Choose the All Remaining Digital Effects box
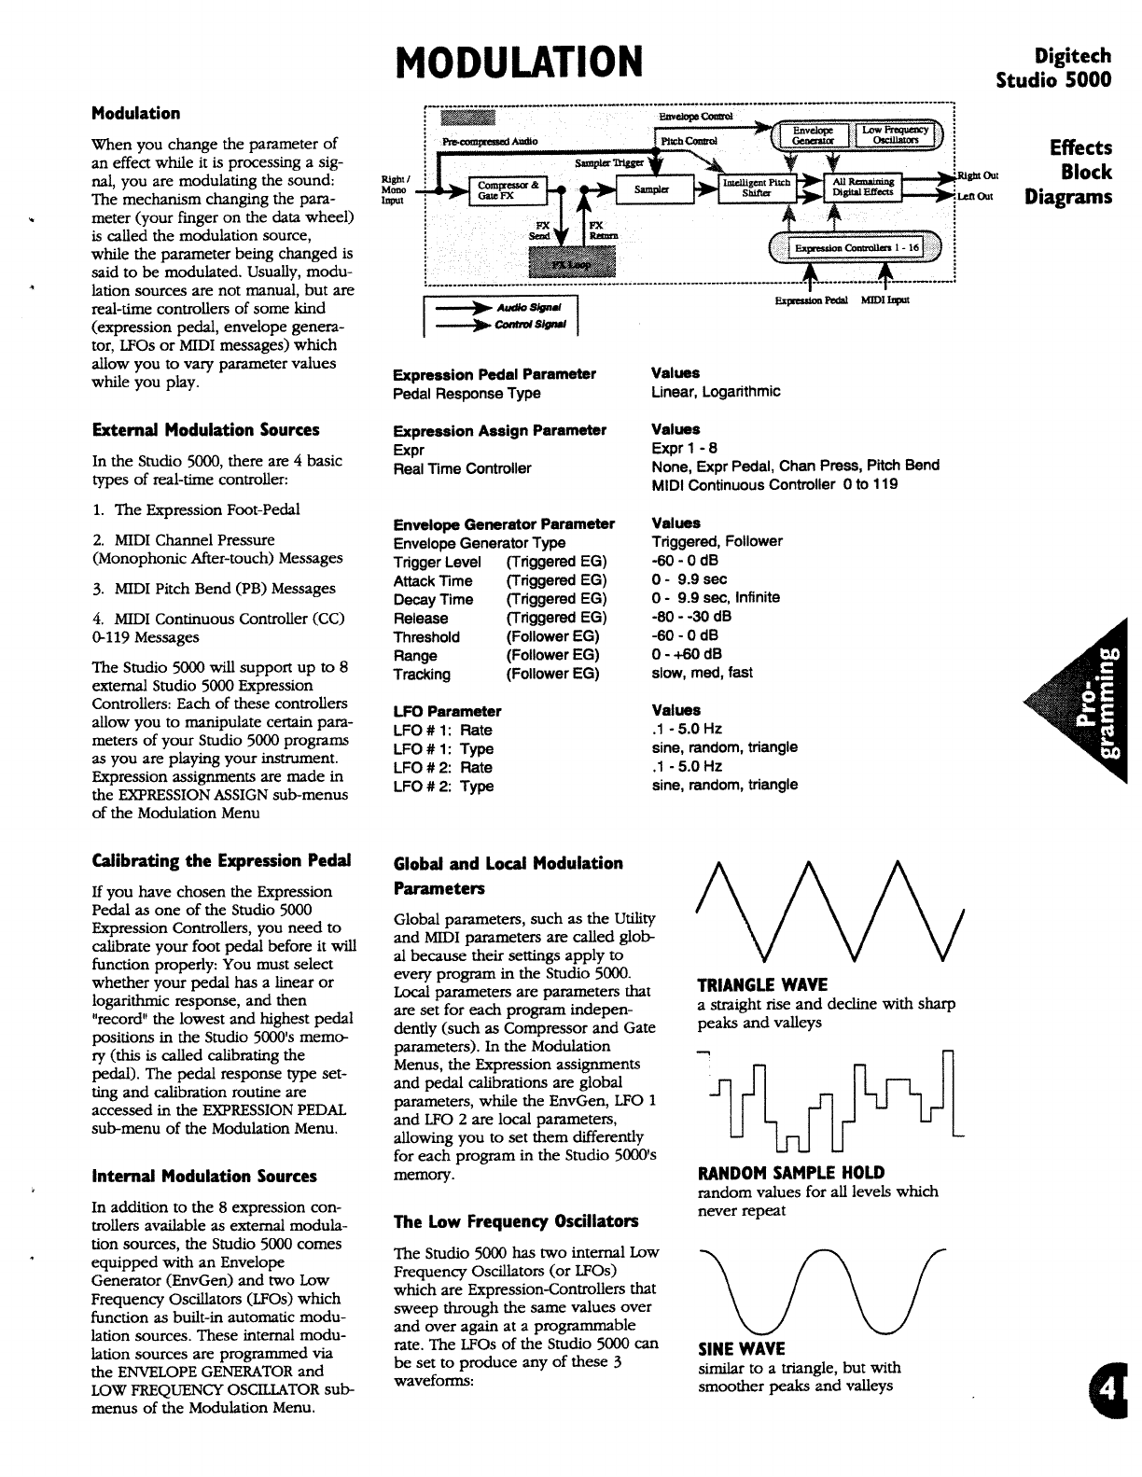click(863, 188)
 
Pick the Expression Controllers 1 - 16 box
click(855, 247)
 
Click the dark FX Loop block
click(572, 263)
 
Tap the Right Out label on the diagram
click(978, 175)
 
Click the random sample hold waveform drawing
click(830, 1101)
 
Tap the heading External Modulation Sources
click(205, 430)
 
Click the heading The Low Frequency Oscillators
click(516, 1221)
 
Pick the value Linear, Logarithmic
click(716, 392)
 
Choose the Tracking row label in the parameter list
click(422, 675)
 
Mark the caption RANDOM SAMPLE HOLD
click(791, 1173)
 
